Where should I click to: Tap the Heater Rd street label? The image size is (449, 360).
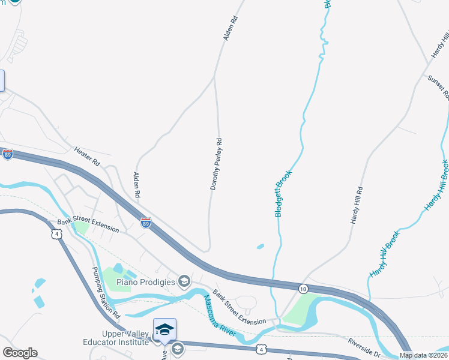[87, 155]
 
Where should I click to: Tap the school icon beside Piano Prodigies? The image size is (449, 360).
[184, 281]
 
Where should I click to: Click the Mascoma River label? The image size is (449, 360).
[220, 315]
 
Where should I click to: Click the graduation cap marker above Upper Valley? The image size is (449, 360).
[164, 330]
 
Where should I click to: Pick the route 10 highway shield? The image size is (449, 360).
[303, 289]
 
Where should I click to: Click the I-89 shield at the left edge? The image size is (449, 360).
[8, 154]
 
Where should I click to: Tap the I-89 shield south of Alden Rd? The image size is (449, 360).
[146, 223]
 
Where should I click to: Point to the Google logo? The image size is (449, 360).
[20, 353]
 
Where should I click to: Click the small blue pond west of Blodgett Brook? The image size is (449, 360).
[260, 246]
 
